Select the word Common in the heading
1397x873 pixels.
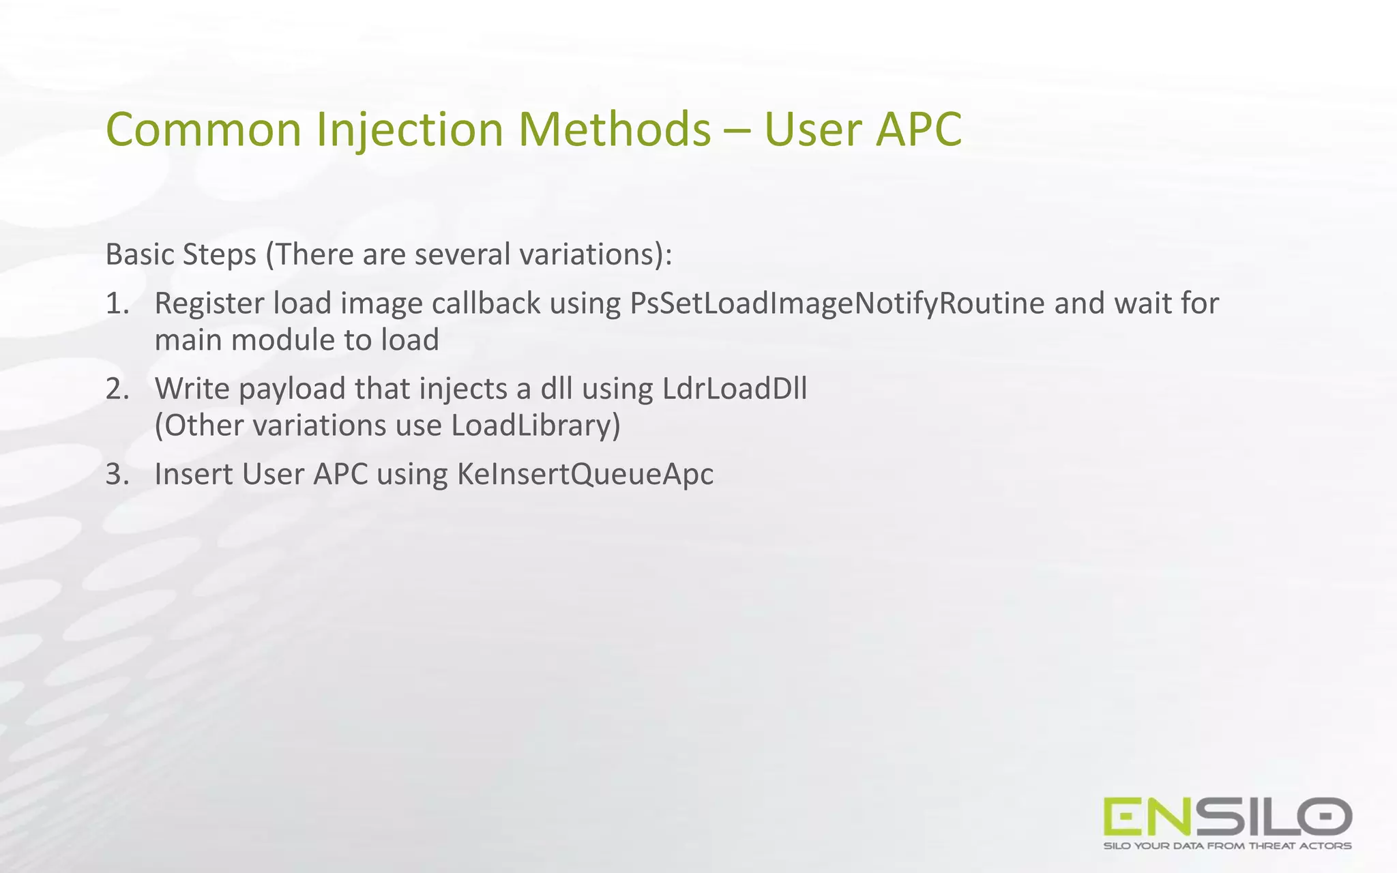203,130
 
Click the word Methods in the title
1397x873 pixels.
615,130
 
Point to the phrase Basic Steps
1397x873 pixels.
181,254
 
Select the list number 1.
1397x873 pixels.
117,304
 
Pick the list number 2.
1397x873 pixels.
117,389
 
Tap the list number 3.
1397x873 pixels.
117,474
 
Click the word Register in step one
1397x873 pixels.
209,304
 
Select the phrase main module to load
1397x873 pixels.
297,340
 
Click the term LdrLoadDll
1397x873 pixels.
735,389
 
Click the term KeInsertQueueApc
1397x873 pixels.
585,475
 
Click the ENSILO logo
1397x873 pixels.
1227,816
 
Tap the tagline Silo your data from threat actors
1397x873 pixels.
1227,846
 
